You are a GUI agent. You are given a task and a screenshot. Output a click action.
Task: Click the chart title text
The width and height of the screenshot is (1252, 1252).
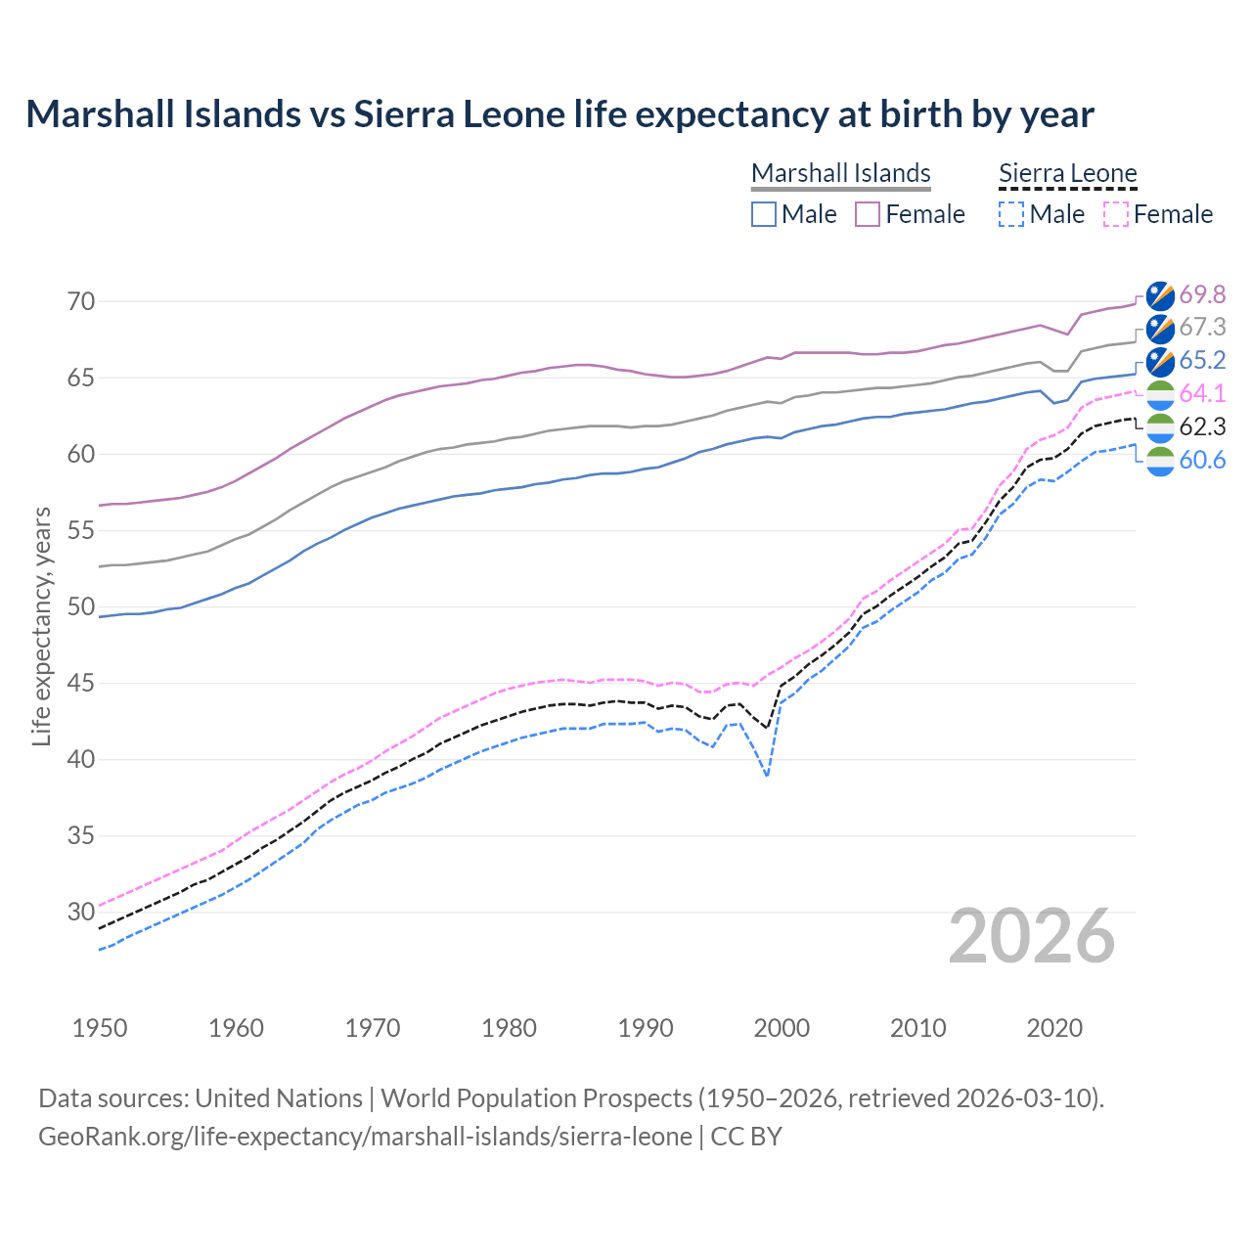tap(559, 114)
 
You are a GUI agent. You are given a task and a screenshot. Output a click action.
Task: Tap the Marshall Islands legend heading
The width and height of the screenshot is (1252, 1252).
tap(840, 173)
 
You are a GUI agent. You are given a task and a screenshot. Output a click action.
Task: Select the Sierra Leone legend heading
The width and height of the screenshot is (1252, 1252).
tap(1067, 173)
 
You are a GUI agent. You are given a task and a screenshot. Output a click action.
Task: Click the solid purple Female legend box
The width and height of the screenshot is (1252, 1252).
tap(868, 214)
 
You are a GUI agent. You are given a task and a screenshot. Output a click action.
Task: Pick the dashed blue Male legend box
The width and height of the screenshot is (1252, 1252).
tap(1011, 214)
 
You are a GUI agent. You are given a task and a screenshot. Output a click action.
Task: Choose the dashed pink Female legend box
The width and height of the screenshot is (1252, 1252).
tap(1115, 214)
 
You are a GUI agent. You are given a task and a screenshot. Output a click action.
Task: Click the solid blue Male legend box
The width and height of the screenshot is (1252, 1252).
tap(764, 214)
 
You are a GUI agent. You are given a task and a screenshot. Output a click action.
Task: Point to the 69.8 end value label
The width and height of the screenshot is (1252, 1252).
tap(1202, 294)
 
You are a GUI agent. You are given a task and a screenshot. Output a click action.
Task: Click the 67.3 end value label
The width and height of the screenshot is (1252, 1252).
tap(1202, 327)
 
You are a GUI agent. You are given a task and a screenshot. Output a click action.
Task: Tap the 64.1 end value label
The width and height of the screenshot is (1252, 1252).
tap(1202, 393)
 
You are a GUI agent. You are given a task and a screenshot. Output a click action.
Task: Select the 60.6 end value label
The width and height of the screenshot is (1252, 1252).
tap(1202, 460)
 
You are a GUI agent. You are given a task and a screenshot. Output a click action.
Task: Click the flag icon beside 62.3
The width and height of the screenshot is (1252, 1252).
tap(1160, 426)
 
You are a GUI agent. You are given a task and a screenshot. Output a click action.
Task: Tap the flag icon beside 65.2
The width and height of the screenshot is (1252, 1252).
tap(1160, 361)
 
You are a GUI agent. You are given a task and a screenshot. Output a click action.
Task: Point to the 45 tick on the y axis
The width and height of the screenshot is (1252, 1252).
tap(81, 683)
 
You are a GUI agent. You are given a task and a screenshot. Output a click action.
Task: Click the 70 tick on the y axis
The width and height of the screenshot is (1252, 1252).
tap(81, 301)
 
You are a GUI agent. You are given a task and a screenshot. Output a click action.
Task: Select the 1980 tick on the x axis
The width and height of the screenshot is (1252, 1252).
tap(509, 1028)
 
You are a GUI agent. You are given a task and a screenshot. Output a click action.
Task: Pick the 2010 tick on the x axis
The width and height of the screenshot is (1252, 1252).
tap(917, 1028)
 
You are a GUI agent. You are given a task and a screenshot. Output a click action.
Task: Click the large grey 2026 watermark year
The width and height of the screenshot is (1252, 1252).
tap(1032, 936)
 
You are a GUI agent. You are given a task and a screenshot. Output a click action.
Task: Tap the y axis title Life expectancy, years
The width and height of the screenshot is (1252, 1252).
tap(42, 626)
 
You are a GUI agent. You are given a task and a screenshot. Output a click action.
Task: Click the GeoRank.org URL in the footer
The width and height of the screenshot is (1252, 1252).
tap(365, 1137)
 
